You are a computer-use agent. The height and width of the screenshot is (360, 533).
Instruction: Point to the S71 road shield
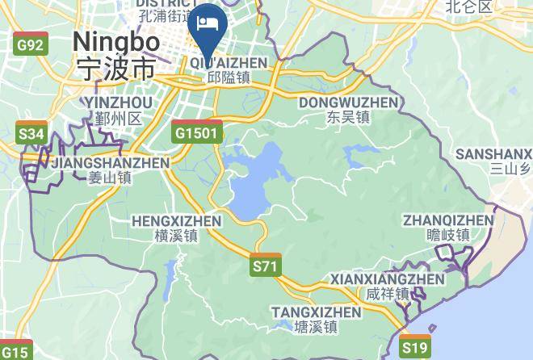pos(265,266)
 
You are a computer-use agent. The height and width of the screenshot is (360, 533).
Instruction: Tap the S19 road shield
pos(415,347)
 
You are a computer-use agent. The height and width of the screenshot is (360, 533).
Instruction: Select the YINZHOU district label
pos(117,103)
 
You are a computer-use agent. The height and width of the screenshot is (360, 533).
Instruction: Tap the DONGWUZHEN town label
pos(348,103)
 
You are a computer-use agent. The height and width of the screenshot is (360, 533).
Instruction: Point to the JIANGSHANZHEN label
pos(110,162)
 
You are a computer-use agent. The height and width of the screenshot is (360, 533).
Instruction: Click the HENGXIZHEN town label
pos(176,220)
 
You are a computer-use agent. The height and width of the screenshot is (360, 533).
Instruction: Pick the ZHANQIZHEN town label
pos(448,220)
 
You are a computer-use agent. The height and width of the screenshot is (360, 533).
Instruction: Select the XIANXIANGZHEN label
pos(388,279)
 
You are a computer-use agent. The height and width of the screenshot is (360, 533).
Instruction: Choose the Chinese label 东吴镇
pos(348,117)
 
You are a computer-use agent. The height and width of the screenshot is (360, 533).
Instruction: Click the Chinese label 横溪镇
pos(176,236)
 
